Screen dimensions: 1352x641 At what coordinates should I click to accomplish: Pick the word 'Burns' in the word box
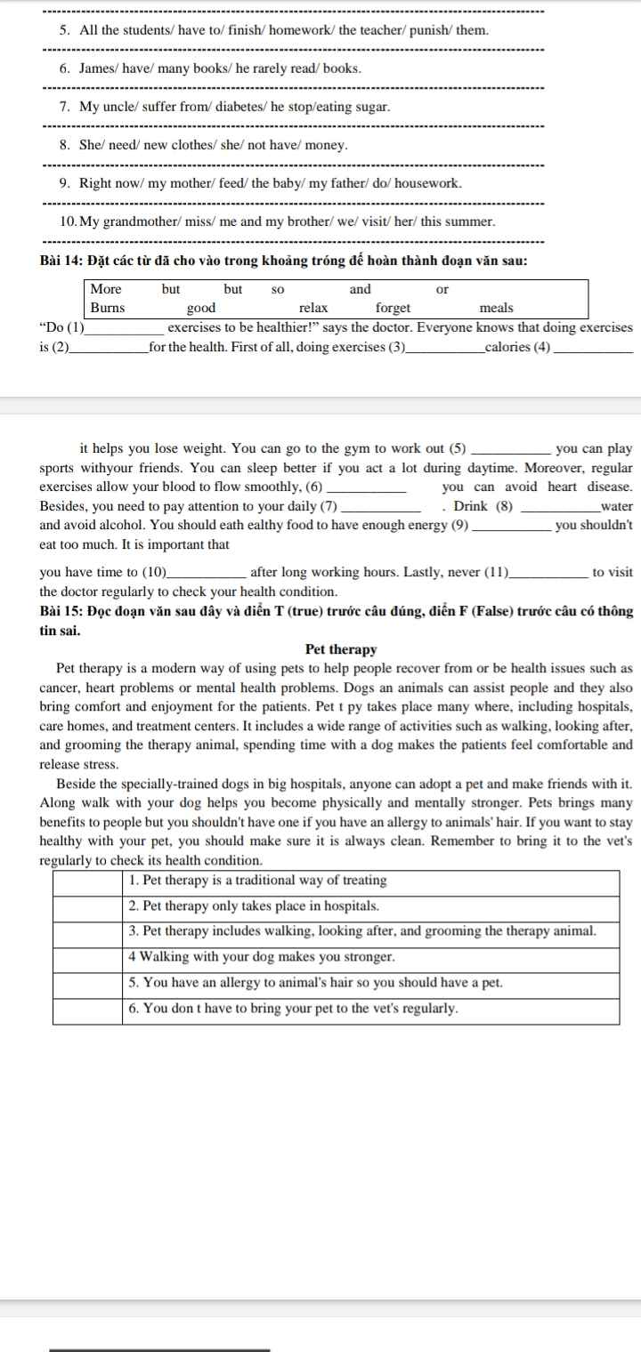pyautogui.click(x=108, y=308)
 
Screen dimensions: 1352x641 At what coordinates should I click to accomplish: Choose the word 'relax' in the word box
pyautogui.click(x=313, y=308)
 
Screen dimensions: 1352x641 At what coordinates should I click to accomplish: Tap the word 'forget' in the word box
pyautogui.click(x=393, y=308)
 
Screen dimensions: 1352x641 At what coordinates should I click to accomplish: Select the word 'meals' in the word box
pyautogui.click(x=496, y=308)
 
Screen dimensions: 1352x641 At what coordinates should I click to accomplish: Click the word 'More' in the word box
pyautogui.click(x=106, y=289)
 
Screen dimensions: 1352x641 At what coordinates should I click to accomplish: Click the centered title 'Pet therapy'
pyautogui.click(x=341, y=649)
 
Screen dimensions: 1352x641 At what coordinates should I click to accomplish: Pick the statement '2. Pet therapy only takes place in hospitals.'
pyautogui.click(x=255, y=906)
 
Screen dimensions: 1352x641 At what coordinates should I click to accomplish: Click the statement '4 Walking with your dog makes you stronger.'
pyautogui.click(x=262, y=958)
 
